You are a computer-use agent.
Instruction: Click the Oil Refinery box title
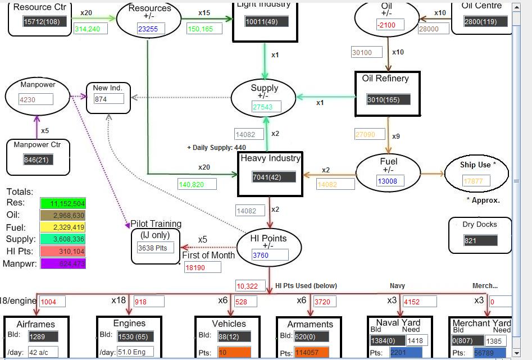(385, 79)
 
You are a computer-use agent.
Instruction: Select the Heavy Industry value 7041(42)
(274, 177)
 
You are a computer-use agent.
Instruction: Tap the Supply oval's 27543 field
(266, 107)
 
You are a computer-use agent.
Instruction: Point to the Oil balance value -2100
(390, 25)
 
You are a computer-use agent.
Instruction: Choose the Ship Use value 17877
(476, 181)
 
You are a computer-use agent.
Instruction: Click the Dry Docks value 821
(480, 240)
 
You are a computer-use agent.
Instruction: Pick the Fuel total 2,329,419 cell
(63, 227)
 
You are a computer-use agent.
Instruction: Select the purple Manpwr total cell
(63, 263)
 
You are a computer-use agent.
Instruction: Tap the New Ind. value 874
(108, 99)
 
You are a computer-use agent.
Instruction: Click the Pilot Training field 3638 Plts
(156, 247)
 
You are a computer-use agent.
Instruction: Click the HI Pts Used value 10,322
(250, 286)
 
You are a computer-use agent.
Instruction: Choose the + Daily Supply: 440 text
(216, 148)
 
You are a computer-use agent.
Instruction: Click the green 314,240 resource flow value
(90, 29)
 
